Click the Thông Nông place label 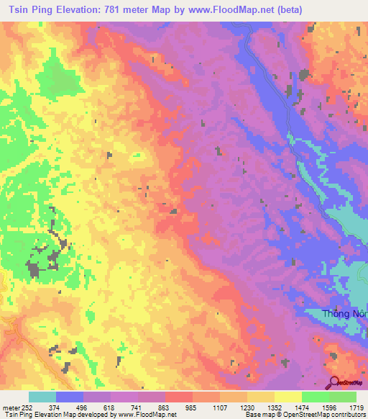(344, 313)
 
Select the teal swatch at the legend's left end (42, 397)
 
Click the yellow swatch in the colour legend (287, 397)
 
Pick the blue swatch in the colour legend (70, 397)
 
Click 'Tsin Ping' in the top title (26, 9)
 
